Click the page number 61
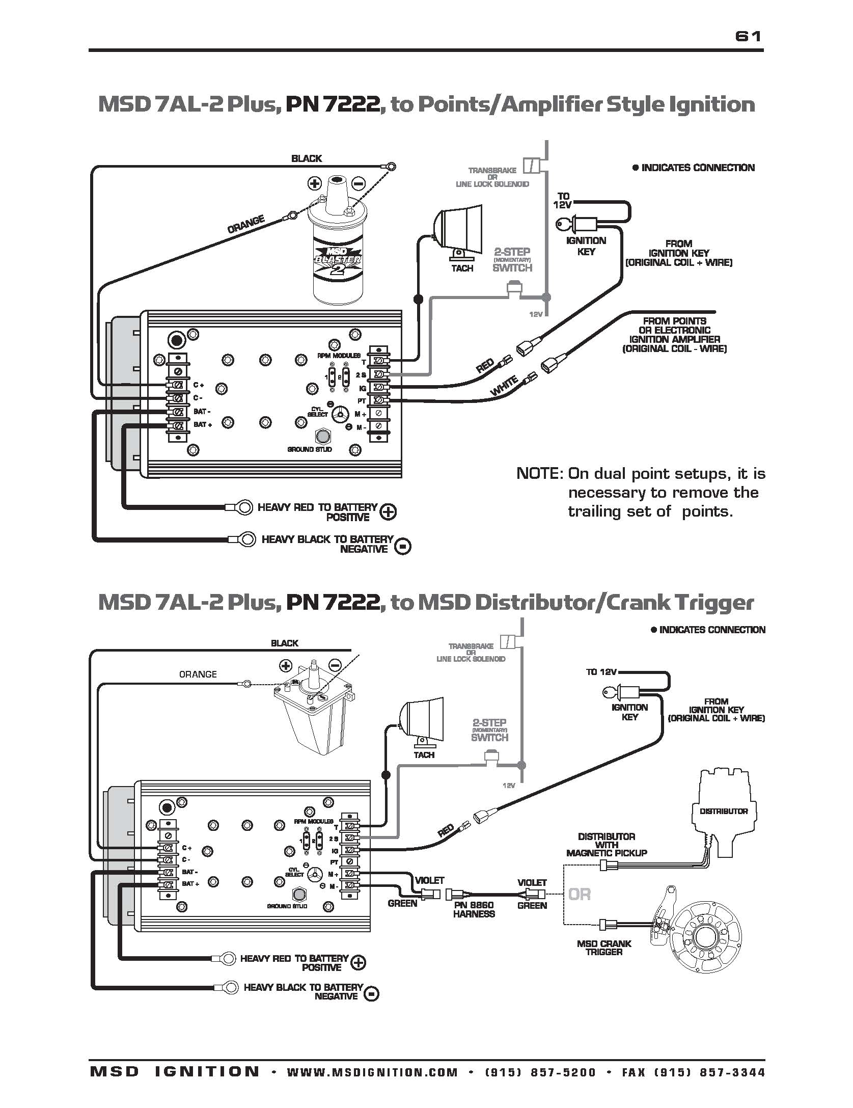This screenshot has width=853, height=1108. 748,36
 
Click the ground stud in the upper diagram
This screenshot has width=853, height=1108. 323,437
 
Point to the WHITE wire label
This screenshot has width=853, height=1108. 504,386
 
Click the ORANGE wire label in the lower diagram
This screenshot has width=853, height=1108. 198,674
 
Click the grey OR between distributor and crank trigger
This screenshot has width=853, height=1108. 579,894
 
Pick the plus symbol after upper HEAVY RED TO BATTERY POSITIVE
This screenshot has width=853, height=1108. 388,512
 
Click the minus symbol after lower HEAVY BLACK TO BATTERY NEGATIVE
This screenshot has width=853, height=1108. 372,994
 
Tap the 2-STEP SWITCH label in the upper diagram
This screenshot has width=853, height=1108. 512,259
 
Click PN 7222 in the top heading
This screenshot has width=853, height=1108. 332,104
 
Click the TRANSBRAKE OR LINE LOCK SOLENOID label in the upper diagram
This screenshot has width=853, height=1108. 492,177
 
